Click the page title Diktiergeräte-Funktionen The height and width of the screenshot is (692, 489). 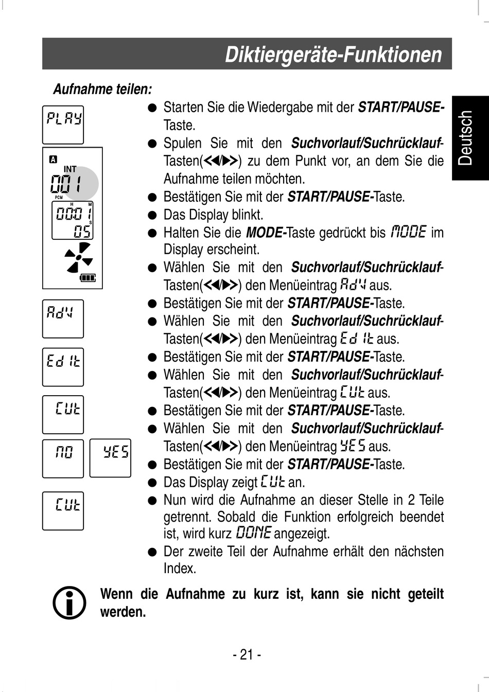(x=333, y=55)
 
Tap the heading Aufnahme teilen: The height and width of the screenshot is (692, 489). (x=102, y=90)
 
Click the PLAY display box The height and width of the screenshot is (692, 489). (x=63, y=125)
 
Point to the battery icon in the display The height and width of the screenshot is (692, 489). (x=88, y=278)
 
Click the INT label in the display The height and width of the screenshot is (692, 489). (x=70, y=169)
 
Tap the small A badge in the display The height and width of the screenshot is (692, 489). (x=53, y=159)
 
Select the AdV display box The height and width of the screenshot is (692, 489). (x=63, y=318)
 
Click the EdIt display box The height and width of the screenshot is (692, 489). (x=63, y=367)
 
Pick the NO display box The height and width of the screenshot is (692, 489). (x=63, y=458)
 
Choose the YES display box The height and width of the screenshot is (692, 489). (x=110, y=458)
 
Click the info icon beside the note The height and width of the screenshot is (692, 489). (x=69, y=602)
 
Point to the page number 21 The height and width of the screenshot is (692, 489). (x=247, y=654)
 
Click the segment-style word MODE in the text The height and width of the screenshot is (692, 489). (x=409, y=232)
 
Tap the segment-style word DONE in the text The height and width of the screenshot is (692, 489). (x=253, y=533)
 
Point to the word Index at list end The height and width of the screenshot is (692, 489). (x=180, y=569)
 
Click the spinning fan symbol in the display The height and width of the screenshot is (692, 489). (x=78, y=257)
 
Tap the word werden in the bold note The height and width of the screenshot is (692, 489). (x=123, y=612)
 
